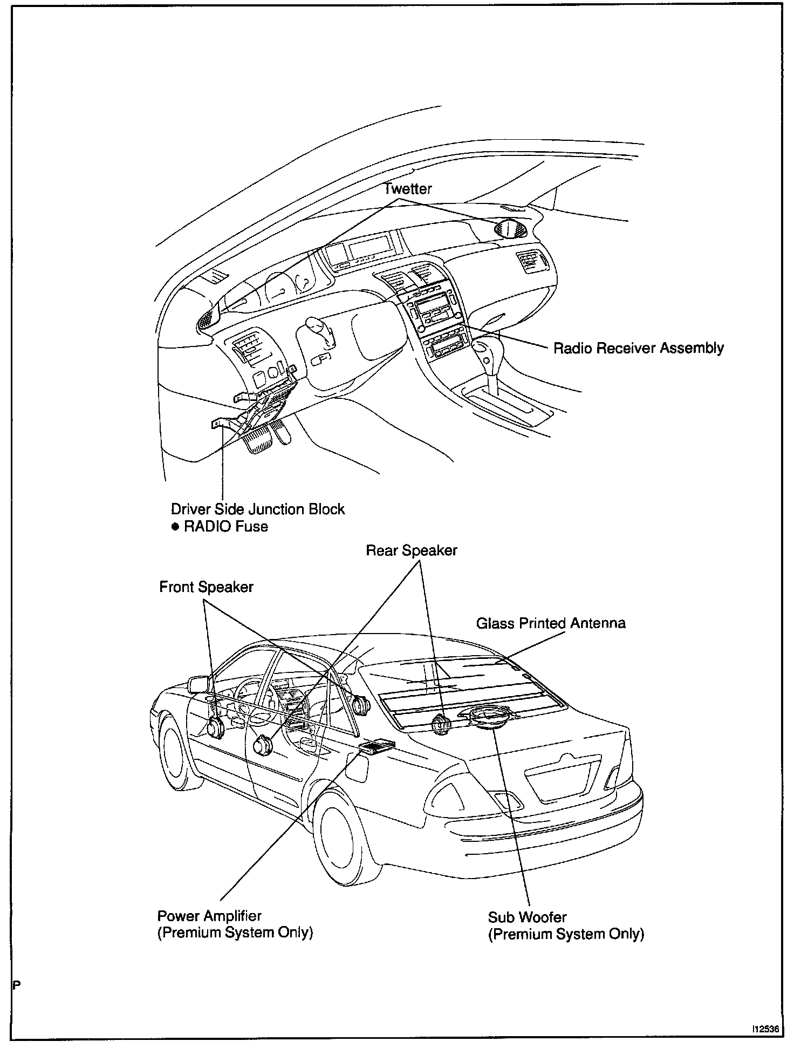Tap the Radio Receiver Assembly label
[x=638, y=348]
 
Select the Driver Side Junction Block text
[x=257, y=509]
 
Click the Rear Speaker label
[x=411, y=550]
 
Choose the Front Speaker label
[x=206, y=587]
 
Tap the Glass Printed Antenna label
[x=550, y=623]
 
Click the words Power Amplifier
[x=209, y=916]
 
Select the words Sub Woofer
[x=527, y=917]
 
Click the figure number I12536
[x=766, y=1029]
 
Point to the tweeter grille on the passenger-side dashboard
[x=510, y=229]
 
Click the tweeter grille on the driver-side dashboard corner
[x=207, y=321]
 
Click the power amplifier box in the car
[x=376, y=746]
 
